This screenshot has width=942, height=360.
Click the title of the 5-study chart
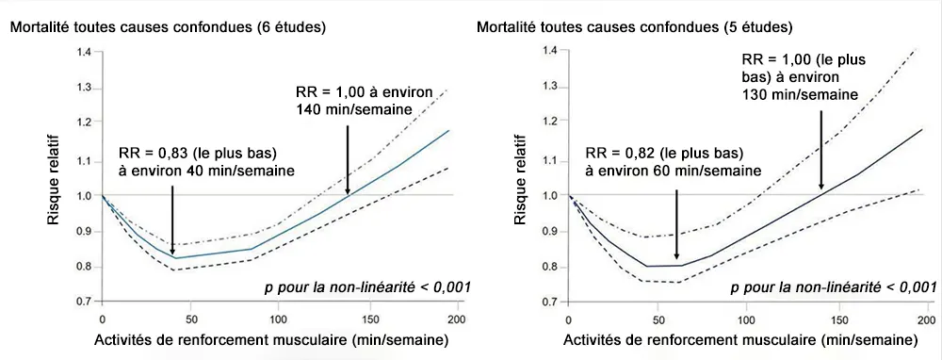click(635, 26)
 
